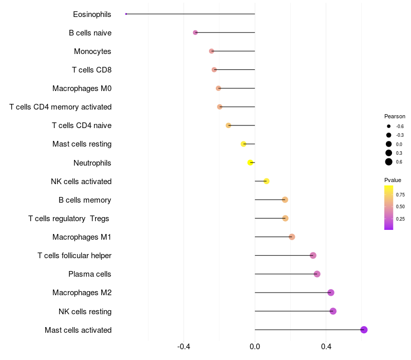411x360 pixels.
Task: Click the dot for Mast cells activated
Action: [x=364, y=330]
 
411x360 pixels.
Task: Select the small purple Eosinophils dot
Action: [x=126, y=14]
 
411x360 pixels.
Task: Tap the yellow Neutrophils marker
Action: [x=250, y=163]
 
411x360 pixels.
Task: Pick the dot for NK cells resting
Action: [x=333, y=311]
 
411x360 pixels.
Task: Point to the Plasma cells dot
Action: [x=317, y=274]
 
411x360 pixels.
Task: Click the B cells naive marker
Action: [x=195, y=32]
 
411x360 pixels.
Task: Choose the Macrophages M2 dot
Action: [x=331, y=293]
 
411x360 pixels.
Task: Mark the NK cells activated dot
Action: [x=266, y=181]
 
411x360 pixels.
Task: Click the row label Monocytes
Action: [x=92, y=51]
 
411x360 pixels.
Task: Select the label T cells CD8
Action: [x=91, y=70]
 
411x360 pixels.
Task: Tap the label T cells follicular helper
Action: [x=74, y=256]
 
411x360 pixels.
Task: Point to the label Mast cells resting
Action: [x=82, y=144]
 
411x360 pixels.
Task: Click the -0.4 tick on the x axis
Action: [x=184, y=347]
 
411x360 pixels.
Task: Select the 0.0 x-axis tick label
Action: [x=255, y=347]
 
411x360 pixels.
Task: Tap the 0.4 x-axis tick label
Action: [x=326, y=347]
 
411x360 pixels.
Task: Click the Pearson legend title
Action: [x=395, y=116]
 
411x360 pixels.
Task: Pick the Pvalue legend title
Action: [x=393, y=180]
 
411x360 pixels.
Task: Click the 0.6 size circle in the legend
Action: [x=389, y=162]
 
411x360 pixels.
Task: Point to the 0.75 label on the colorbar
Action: [x=400, y=195]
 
